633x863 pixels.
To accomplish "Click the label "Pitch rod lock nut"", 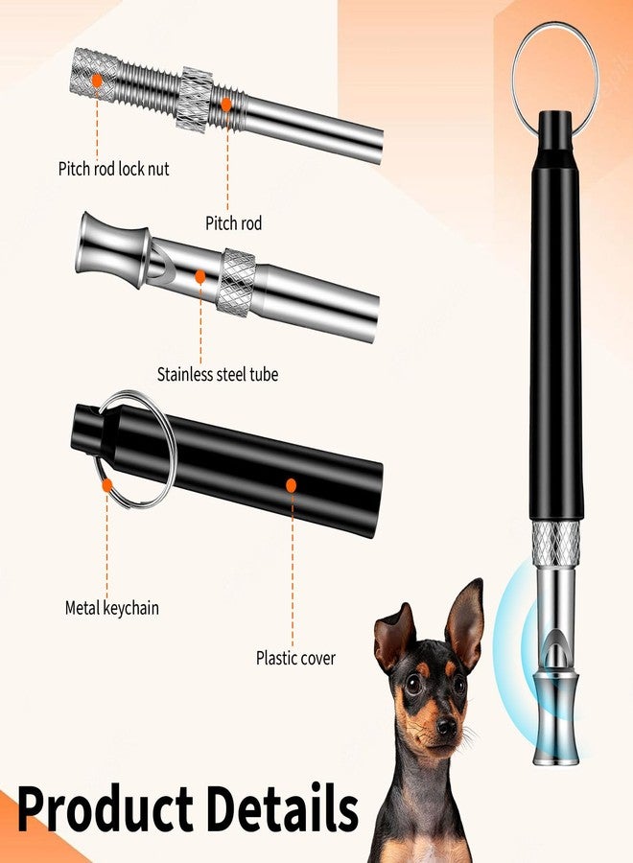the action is (113, 169).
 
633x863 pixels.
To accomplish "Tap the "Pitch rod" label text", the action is (233, 222).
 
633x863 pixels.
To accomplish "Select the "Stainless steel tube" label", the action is (218, 374).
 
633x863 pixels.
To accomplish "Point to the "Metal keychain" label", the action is (112, 608).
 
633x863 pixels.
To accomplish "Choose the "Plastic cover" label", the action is (295, 658).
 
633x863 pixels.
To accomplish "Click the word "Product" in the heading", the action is (105, 809).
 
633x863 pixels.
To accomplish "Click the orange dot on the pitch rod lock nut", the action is (97, 81).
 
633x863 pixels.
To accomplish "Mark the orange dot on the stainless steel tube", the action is (200, 276).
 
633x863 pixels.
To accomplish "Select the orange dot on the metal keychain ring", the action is (107, 485).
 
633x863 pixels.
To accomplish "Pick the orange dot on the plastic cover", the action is (292, 485).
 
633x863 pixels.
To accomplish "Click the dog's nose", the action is (446, 728).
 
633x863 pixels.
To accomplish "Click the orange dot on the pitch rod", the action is (225, 105).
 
